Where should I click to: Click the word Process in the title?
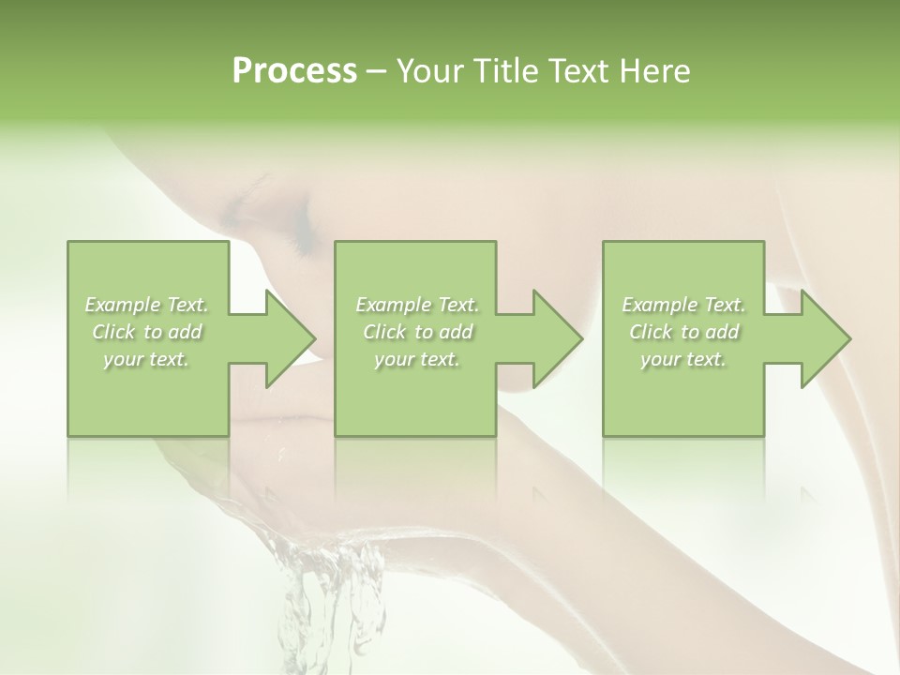click(x=294, y=71)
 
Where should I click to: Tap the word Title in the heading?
click(x=504, y=71)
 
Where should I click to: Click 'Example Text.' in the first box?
click(x=147, y=305)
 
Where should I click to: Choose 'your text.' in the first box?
click(x=147, y=359)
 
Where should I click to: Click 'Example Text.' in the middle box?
click(x=417, y=305)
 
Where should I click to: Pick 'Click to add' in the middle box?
click(x=417, y=332)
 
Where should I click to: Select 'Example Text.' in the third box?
click(x=683, y=305)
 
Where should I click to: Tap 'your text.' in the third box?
click(x=683, y=359)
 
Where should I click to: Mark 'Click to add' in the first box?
click(x=147, y=332)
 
